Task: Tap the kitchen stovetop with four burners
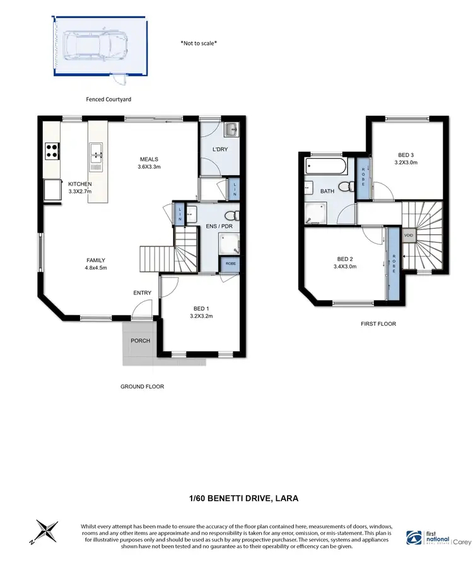(x=52, y=151)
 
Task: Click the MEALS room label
(x=149, y=159)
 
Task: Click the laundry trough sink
(x=231, y=130)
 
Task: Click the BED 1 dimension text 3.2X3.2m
(x=202, y=317)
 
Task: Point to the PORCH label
(x=140, y=341)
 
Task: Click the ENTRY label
(x=142, y=293)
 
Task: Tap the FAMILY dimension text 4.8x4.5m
(x=96, y=268)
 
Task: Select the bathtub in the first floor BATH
(x=325, y=168)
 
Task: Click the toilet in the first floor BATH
(x=345, y=187)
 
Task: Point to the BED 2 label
(x=345, y=258)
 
